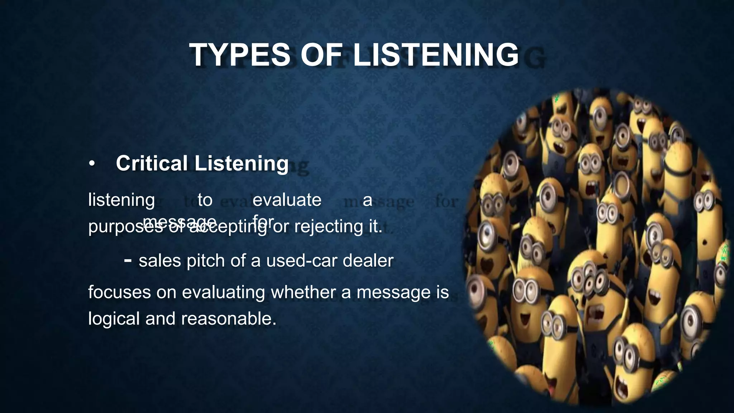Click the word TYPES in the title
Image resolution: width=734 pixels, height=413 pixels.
240,55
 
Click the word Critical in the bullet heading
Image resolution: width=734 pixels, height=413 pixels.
152,163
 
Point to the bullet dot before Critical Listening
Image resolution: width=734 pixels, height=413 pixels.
92,164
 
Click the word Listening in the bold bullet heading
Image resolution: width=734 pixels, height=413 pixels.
242,163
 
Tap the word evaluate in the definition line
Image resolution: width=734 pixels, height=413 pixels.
287,200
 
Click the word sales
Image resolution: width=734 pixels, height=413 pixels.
159,261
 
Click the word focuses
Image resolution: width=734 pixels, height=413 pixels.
120,292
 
